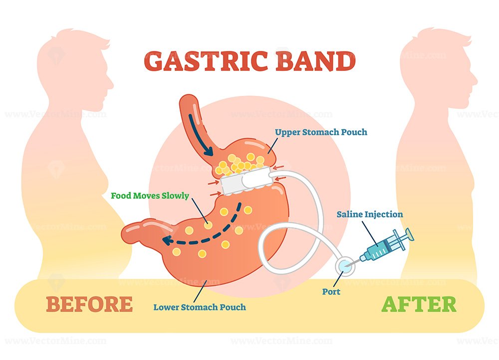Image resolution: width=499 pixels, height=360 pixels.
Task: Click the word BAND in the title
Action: click(x=315, y=60)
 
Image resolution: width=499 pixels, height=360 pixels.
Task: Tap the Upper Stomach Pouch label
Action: click(x=321, y=132)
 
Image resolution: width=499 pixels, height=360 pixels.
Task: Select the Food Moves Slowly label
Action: click(x=150, y=195)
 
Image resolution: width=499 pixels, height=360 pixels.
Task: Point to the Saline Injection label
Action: click(x=370, y=215)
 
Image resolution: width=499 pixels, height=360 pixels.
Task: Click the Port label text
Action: click(x=331, y=292)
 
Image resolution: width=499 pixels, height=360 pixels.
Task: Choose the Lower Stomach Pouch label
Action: click(x=200, y=307)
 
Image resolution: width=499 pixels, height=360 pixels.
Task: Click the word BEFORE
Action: click(x=89, y=304)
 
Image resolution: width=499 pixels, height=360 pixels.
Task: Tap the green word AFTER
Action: click(x=419, y=304)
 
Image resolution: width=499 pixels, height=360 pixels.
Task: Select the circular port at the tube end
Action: click(x=345, y=266)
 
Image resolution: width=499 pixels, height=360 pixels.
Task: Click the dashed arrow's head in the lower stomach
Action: click(x=167, y=240)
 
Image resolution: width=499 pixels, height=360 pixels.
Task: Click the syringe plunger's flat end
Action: click(x=410, y=235)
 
